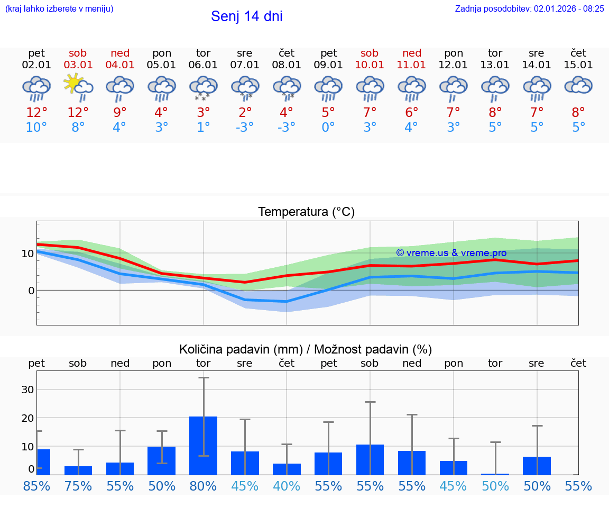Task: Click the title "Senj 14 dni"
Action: click(x=246, y=16)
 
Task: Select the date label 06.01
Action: click(x=203, y=65)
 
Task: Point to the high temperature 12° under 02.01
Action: click(x=36, y=112)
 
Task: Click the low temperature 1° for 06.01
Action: click(x=203, y=128)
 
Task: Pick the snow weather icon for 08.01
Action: click(x=287, y=88)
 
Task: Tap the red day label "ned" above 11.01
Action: click(x=412, y=53)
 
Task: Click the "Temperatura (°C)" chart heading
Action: click(x=306, y=212)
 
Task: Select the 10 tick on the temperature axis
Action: click(x=27, y=254)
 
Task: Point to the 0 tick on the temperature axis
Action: click(x=31, y=291)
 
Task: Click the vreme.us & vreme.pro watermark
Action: click(x=451, y=253)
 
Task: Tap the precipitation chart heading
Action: click(x=306, y=349)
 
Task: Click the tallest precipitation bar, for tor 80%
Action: click(x=203, y=446)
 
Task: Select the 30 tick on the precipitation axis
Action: click(x=27, y=390)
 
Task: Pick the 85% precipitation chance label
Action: click(x=36, y=486)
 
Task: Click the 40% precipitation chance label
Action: click(x=287, y=486)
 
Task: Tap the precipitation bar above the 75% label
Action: click(x=78, y=470)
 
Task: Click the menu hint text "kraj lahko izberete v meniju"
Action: click(x=59, y=9)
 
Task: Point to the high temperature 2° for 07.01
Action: click(x=245, y=112)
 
